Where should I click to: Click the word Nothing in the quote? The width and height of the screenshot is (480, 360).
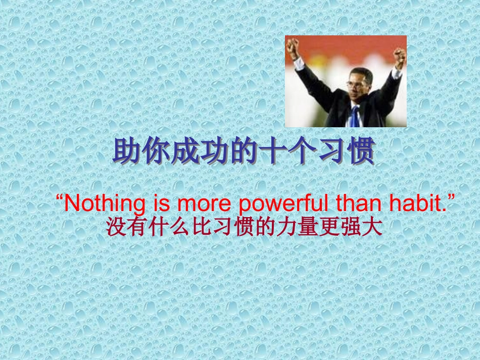pyautogui.click(x=105, y=203)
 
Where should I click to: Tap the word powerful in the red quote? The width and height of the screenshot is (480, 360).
pyautogui.click(x=283, y=203)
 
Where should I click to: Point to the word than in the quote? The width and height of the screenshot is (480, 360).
pyautogui.click(x=358, y=203)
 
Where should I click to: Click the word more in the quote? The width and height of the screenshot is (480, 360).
pyautogui.click(x=204, y=205)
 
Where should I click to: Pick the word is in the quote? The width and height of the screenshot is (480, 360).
pyautogui.click(x=161, y=203)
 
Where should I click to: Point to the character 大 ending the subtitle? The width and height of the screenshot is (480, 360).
pyautogui.click(x=372, y=227)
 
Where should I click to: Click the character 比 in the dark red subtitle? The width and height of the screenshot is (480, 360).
pyautogui.click(x=202, y=227)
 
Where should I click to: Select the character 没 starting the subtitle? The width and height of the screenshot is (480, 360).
pyautogui.click(x=117, y=227)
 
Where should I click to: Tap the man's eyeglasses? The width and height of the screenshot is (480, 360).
pyautogui.click(x=356, y=84)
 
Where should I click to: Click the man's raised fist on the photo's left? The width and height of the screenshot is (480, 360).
pyautogui.click(x=293, y=47)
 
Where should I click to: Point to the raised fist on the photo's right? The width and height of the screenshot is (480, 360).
pyautogui.click(x=400, y=57)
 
